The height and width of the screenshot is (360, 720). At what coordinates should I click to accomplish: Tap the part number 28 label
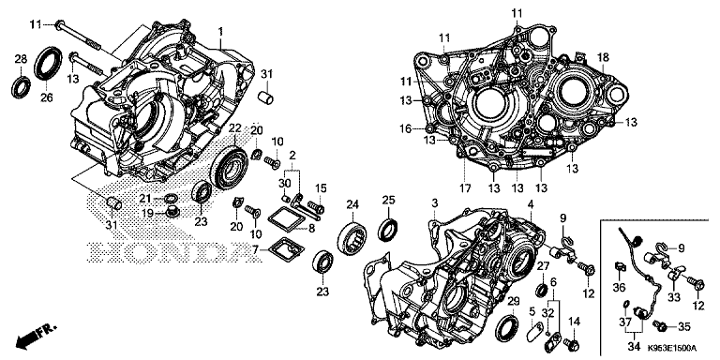[20, 60]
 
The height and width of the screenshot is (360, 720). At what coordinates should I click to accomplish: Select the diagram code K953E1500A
[675, 350]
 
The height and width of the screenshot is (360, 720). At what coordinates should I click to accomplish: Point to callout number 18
[604, 58]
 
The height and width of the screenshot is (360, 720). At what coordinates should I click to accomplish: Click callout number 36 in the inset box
[619, 287]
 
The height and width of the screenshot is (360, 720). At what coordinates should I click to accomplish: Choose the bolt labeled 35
[661, 328]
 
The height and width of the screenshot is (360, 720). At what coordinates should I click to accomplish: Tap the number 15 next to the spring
[320, 187]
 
